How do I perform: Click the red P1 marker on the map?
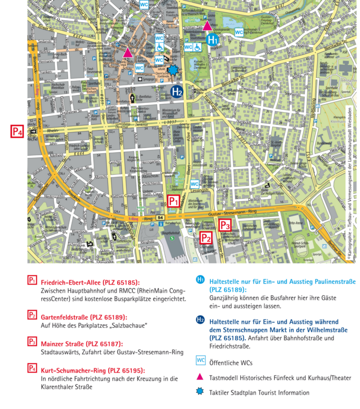point(174,201)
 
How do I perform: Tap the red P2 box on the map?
point(206,238)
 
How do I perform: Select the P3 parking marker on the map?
point(225,225)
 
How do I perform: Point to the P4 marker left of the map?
point(17,131)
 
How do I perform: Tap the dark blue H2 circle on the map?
point(177,91)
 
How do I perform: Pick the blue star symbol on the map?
point(174,70)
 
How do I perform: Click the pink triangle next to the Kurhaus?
point(207,26)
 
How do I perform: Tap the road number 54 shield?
point(161,217)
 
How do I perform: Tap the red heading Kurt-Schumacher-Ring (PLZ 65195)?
point(93,370)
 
